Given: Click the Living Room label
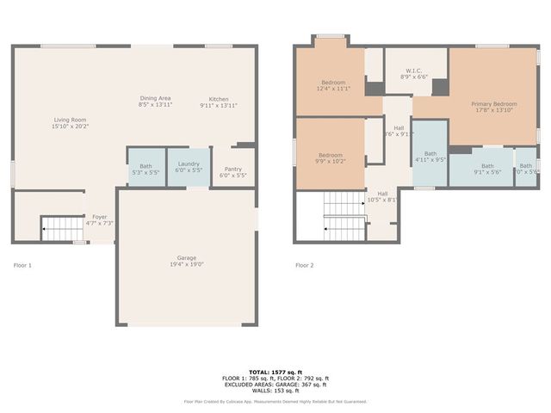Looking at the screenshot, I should [x=71, y=120].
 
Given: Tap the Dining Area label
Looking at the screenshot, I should [x=155, y=98].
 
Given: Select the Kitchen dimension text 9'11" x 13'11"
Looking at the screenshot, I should [x=218, y=105].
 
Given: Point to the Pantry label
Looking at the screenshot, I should [x=232, y=169].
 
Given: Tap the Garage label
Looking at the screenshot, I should [x=187, y=257].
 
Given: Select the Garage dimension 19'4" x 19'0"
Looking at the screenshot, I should [x=187, y=264].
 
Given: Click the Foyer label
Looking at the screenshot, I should [x=101, y=217].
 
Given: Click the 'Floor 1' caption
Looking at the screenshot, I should [x=22, y=265].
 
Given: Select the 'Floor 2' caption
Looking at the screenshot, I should [x=305, y=265].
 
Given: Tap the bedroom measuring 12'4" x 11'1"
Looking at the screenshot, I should [x=333, y=84].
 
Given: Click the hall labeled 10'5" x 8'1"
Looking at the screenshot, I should [x=381, y=196].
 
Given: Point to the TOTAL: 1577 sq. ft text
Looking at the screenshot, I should [x=275, y=372].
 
